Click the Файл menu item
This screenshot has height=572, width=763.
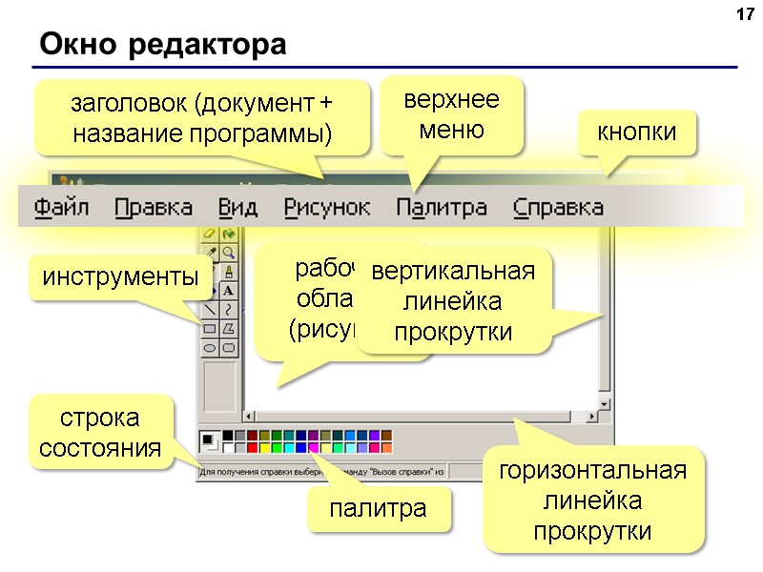click(x=62, y=207)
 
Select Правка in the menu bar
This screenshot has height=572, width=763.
click(x=154, y=207)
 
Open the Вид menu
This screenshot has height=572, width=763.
click(x=237, y=207)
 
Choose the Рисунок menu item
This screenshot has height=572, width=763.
click(x=327, y=207)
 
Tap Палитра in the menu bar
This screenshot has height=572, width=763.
click(x=442, y=207)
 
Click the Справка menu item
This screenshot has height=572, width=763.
click(x=558, y=207)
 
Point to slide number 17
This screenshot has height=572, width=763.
click(x=745, y=15)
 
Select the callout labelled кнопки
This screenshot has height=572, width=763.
click(x=637, y=133)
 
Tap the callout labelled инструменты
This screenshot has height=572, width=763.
click(x=119, y=277)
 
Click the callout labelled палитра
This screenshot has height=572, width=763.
click(x=378, y=509)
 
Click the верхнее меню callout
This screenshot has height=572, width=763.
click(x=451, y=114)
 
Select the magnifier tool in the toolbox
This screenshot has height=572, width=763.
click(x=229, y=252)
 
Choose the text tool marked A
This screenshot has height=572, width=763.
click(x=229, y=290)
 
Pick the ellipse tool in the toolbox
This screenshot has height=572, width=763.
click(x=210, y=348)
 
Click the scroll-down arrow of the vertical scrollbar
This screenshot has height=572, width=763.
click(x=604, y=401)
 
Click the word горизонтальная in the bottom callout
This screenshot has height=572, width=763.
click(x=597, y=472)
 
